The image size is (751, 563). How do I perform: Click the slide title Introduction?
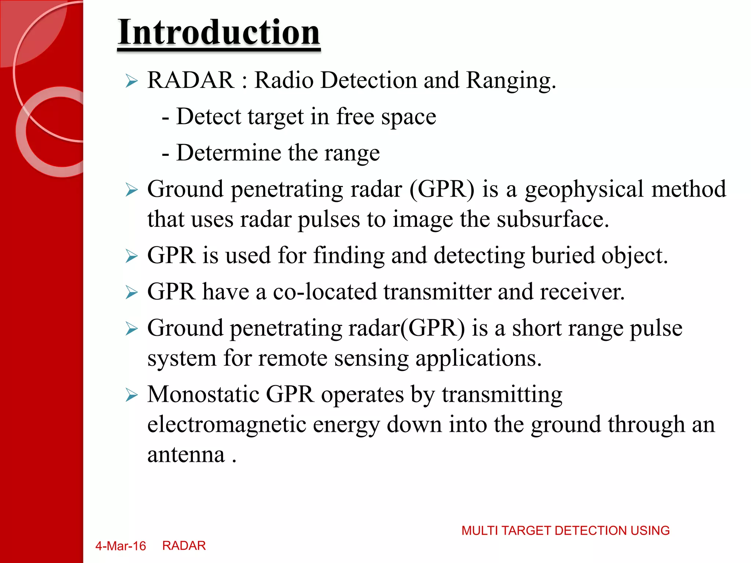click(219, 32)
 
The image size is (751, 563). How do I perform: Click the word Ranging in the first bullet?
click(511, 80)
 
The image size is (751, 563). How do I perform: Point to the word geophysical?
click(584, 189)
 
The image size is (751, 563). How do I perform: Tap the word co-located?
click(325, 292)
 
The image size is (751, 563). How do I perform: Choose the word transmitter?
click(437, 292)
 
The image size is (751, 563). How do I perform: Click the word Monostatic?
click(204, 394)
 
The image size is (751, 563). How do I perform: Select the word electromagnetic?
click(227, 424)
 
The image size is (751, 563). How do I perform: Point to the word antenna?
click(186, 455)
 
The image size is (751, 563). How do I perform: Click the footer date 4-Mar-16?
click(121, 546)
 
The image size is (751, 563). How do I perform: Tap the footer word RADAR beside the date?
click(184, 546)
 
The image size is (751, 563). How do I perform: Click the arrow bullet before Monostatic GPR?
click(131, 395)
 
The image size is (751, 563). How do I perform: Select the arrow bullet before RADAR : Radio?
click(131, 81)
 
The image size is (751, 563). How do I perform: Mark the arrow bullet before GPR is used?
click(131, 256)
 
